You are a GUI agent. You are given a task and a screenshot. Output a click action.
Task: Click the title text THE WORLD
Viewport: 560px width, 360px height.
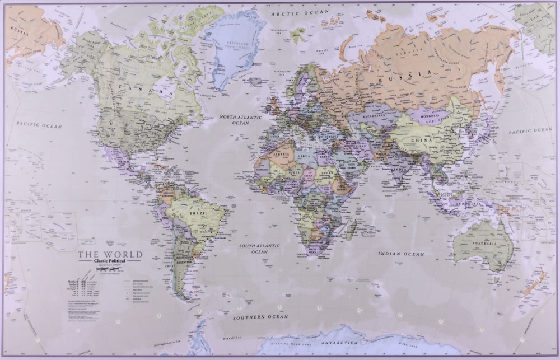[110, 255]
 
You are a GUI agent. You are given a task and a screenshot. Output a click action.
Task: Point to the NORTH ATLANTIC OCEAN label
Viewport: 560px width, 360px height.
[241, 120]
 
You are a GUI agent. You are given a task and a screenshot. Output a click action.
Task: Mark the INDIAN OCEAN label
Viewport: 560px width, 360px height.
[401, 254]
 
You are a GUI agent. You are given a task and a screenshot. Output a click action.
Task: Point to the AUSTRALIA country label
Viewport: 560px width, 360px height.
[479, 245]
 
